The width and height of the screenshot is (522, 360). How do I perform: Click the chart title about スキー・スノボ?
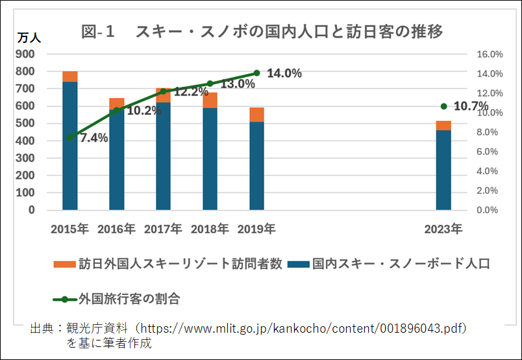point(262,32)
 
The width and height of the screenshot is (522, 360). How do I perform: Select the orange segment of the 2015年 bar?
point(70,77)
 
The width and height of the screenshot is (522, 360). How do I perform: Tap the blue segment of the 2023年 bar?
point(443,170)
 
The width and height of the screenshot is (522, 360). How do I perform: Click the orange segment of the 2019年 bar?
point(256,115)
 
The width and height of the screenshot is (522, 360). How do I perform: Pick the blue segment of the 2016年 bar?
point(116,160)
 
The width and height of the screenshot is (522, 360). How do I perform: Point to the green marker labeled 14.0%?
point(256,73)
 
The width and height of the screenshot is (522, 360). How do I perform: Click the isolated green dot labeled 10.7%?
point(444,107)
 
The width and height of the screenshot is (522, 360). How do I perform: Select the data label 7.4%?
point(94,138)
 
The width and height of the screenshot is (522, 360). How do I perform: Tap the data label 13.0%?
point(238,84)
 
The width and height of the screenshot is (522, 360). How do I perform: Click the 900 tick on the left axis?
point(25,54)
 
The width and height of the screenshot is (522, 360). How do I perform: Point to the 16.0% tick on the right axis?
point(490,55)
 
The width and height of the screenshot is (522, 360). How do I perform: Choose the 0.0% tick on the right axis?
point(488,210)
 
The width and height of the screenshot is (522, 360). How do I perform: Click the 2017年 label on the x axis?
point(163,229)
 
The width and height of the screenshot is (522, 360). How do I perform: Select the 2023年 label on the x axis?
point(443,229)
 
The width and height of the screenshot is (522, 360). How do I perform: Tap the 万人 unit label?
point(29,37)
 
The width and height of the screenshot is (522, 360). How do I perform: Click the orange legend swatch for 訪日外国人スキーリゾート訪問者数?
point(64,264)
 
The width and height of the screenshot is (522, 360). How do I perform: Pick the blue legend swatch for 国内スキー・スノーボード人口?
point(299,264)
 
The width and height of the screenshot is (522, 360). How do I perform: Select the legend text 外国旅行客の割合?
point(129,299)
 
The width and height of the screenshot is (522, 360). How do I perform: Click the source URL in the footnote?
point(303,329)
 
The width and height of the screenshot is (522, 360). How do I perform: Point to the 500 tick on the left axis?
point(25,123)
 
